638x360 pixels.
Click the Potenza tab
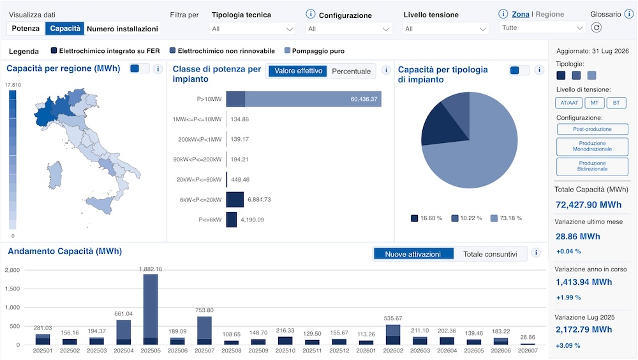point(26,29)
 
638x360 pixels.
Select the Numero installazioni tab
point(122,29)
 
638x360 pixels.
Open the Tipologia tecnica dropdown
point(253,29)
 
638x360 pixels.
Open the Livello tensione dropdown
point(445,29)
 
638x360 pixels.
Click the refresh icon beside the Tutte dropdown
point(596,27)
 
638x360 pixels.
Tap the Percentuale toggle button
point(351,71)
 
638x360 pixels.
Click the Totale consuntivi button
point(490,254)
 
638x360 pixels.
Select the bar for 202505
point(151,310)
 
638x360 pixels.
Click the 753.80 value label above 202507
point(204,310)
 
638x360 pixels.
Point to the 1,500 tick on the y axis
point(12,289)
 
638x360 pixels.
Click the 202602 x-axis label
point(393,350)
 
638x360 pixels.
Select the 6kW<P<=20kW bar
point(235,200)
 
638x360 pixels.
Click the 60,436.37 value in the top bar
point(364,99)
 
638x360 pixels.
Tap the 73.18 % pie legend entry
point(506,218)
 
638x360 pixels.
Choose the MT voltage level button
point(595,103)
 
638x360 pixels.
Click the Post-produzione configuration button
point(593,129)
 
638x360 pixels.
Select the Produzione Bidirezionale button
point(593,166)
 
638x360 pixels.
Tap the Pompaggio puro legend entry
point(315,51)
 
